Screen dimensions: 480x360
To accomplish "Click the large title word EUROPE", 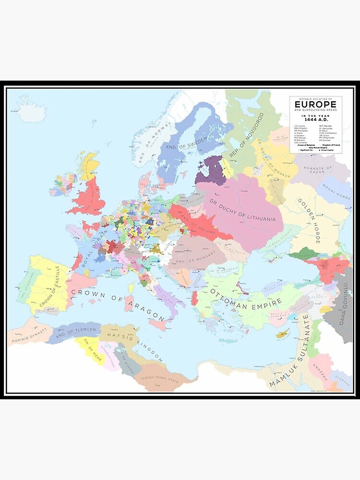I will [x=315, y=104].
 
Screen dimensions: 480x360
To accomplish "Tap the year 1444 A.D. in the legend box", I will [x=315, y=120].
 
